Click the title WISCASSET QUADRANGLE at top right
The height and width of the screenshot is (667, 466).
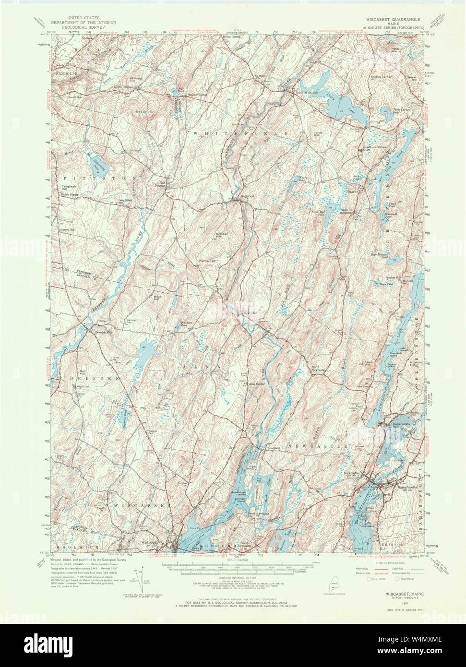[x=391, y=19]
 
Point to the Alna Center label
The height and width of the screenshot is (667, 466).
[x=256, y=383]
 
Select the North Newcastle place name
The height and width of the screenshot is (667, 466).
[x=318, y=369]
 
